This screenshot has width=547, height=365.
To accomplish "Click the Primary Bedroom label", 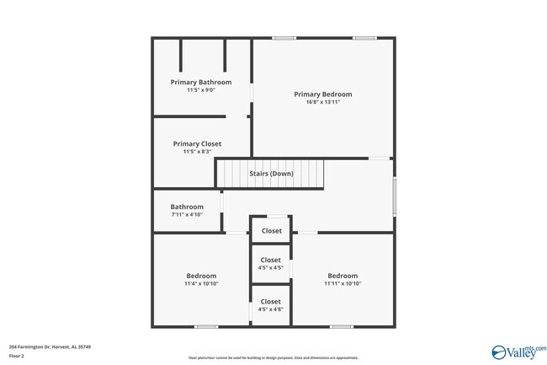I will click(322, 94).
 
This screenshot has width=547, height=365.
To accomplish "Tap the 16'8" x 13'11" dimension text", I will click(322, 102).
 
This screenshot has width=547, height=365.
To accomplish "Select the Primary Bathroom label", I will click(200, 82).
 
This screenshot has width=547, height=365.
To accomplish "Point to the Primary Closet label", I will click(197, 144).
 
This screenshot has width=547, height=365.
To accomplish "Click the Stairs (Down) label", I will click(271, 174).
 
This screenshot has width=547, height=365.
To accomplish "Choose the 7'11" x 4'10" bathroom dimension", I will click(186, 214).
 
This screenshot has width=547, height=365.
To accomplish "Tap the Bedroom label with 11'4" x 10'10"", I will click(201, 276).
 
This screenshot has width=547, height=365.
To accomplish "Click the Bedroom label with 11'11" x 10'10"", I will click(343, 276).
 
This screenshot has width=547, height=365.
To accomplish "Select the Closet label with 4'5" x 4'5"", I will click(271, 260).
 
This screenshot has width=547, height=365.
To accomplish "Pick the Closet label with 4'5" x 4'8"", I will click(271, 301).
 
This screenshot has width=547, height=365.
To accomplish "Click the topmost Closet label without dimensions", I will click(271, 230).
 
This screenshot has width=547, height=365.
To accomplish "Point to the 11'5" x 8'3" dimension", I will click(197, 152).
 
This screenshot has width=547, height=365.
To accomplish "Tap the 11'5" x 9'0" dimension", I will click(200, 89).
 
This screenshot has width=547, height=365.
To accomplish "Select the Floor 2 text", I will click(18, 356).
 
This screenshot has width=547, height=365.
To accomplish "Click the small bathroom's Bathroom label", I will click(187, 207).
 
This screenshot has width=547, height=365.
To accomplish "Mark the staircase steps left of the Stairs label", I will click(231, 174).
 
